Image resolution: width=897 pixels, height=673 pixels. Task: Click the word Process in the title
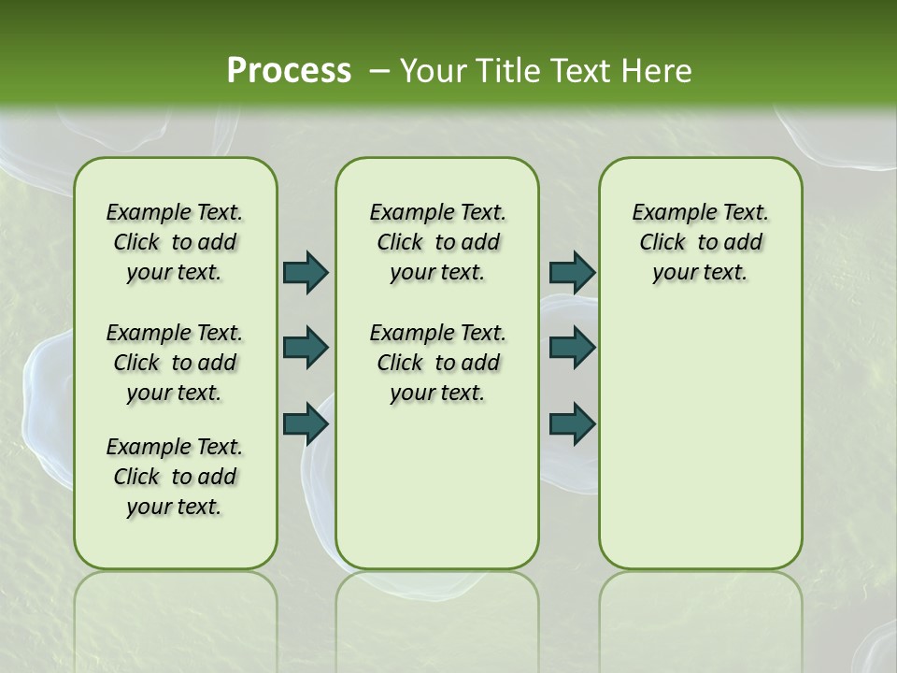coord(289,71)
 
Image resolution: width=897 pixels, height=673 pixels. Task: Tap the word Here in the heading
coord(656,71)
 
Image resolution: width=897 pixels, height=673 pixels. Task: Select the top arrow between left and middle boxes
coord(306,272)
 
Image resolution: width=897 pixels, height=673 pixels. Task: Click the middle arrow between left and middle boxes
coord(306,348)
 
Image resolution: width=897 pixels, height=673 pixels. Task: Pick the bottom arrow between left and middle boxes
coord(306,424)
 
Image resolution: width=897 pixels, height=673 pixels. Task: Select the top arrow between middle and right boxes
coord(572,272)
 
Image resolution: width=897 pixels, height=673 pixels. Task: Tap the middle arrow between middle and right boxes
coord(572,348)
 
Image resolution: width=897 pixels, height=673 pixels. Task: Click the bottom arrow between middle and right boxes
coord(572,424)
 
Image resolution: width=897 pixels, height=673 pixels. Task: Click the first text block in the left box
coord(175,242)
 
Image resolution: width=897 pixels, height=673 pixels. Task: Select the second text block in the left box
coord(175,363)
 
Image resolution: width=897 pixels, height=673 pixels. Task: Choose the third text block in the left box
coord(175,477)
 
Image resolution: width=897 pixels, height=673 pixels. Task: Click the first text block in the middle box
coord(437,242)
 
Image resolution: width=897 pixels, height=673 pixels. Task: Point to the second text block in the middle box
coord(437,363)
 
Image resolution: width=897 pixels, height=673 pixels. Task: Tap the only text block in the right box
coord(700,242)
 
